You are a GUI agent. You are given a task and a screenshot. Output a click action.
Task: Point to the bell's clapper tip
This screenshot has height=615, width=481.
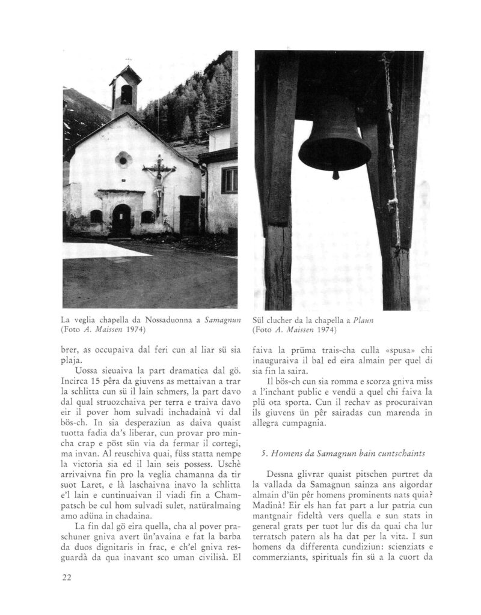pyautogui.click(x=335, y=175)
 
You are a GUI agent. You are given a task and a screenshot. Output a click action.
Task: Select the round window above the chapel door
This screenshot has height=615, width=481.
pyautogui.click(x=123, y=160)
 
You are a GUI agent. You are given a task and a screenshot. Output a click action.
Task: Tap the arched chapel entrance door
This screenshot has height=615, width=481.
pyautogui.click(x=121, y=220)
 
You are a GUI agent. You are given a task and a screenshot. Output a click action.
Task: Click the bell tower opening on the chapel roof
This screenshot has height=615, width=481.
pyautogui.click(x=126, y=94)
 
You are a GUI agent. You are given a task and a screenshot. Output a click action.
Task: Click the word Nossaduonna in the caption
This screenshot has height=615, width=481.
pyautogui.click(x=153, y=320)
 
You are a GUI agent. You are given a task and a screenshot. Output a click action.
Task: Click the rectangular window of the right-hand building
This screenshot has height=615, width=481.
pyautogui.click(x=229, y=180)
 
